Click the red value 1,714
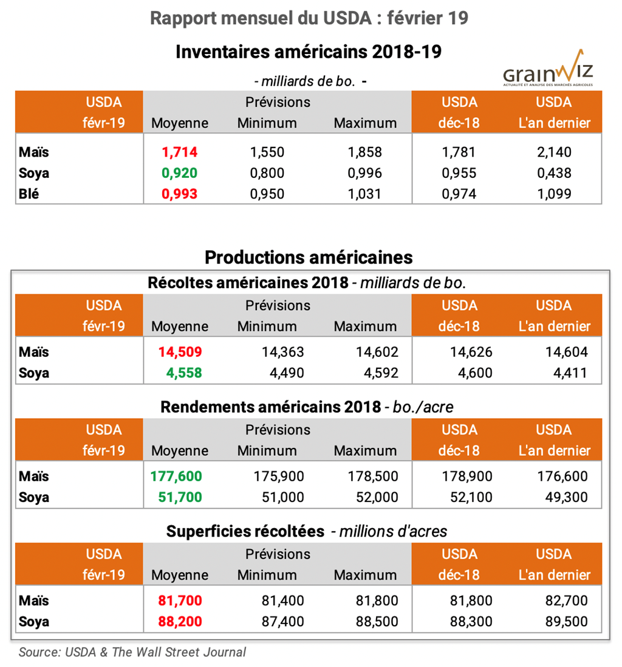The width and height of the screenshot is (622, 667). (x=180, y=152)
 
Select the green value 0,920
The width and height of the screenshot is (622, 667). (x=180, y=173)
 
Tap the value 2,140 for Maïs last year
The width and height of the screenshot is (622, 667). (x=554, y=152)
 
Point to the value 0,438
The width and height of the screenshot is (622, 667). (x=554, y=173)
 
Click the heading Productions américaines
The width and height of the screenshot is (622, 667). (x=309, y=257)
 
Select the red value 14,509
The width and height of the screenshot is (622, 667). (x=180, y=352)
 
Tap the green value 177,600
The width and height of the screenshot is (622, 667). (x=176, y=476)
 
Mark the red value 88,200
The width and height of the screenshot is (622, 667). (x=180, y=622)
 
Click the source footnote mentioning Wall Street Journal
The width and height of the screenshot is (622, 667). (x=132, y=652)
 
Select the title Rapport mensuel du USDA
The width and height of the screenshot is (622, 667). (x=309, y=18)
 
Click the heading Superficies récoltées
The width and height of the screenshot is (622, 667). (x=245, y=531)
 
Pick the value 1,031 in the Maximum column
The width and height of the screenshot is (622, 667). (x=364, y=194)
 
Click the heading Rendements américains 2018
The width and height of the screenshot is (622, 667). (x=270, y=407)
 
